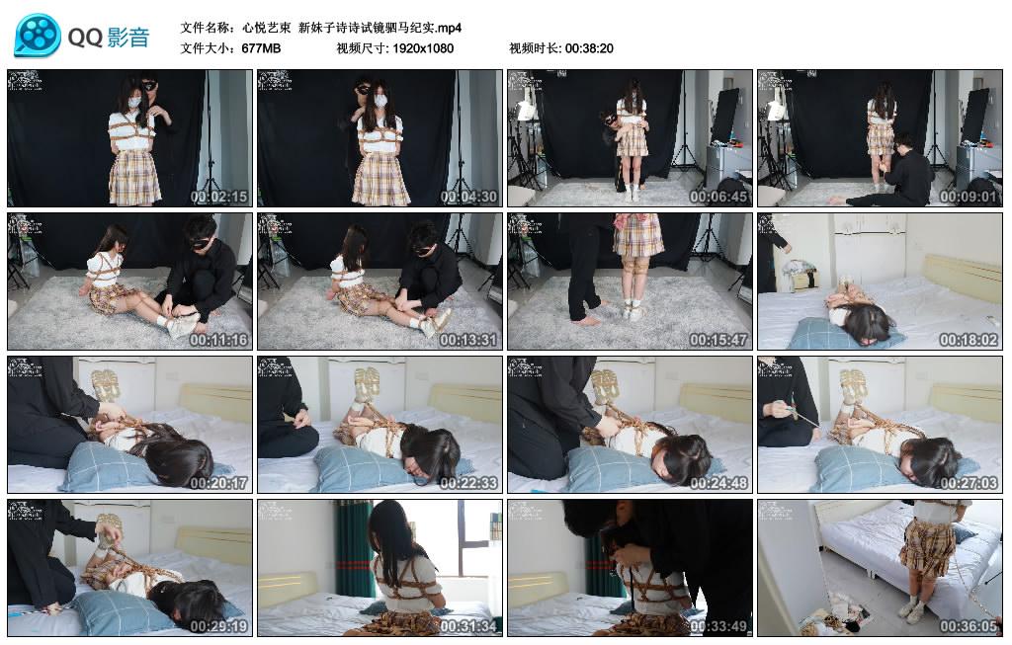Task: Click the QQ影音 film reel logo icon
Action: coord(38,37)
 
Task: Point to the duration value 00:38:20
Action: coord(589,47)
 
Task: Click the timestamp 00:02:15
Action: coord(219,197)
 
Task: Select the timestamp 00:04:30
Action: coord(469,197)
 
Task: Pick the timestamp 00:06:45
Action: coord(719,197)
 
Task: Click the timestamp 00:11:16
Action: coord(219,340)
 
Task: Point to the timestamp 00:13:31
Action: coord(469,340)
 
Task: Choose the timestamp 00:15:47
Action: coord(719,340)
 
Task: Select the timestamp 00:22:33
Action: coord(469,483)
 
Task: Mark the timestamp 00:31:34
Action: coord(469,626)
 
